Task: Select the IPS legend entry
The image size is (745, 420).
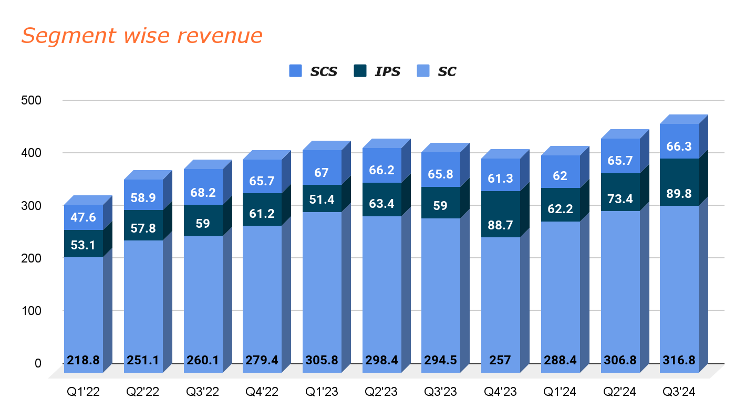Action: [x=387, y=71]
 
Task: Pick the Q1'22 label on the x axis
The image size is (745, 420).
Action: [x=82, y=392]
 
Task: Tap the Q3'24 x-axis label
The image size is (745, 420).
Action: [x=679, y=392]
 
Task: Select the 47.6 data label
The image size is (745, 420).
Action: [x=83, y=217]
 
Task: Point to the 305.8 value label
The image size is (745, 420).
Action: [x=322, y=361]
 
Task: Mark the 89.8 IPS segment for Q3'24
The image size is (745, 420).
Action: [x=679, y=182]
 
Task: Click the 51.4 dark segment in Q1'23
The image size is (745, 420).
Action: [x=322, y=198]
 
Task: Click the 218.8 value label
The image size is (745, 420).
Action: [x=83, y=361]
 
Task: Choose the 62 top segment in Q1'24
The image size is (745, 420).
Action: [x=560, y=176]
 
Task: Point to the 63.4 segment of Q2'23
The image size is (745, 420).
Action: [x=381, y=199]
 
